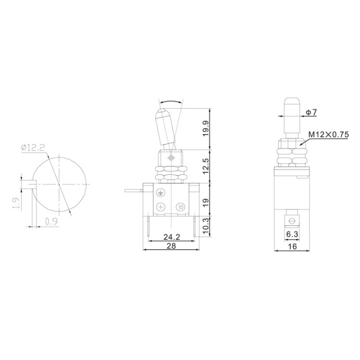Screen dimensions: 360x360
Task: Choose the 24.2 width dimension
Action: (x=171, y=238)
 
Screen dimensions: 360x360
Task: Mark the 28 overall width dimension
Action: (x=171, y=247)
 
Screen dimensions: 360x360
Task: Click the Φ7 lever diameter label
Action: (x=311, y=113)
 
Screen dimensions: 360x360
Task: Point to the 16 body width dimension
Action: (x=292, y=247)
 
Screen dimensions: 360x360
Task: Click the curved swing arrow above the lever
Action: (x=171, y=102)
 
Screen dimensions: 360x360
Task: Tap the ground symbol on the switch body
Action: (x=161, y=192)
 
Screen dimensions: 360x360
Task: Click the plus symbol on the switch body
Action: (x=161, y=207)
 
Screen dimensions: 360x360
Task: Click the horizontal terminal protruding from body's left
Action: (x=135, y=191)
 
